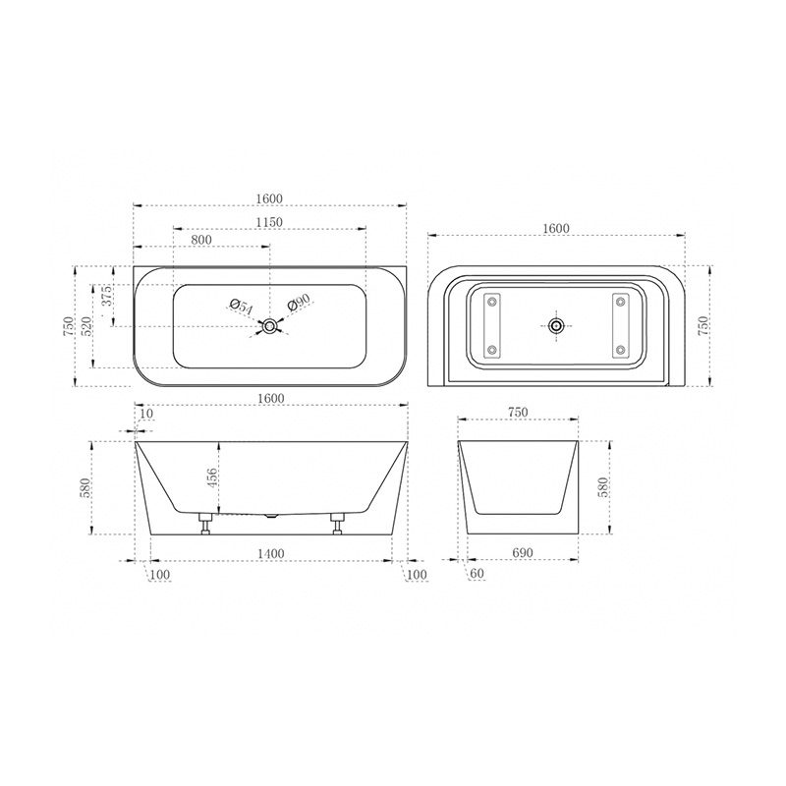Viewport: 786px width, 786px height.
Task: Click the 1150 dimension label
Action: (269, 222)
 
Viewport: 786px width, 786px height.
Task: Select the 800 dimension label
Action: (201, 240)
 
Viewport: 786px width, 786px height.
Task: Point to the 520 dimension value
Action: (86, 326)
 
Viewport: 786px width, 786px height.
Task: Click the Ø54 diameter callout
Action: (241, 307)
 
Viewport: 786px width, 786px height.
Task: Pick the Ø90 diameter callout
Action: (300, 302)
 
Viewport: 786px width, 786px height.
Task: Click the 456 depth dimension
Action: (211, 479)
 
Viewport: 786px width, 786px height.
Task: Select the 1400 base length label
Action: (271, 553)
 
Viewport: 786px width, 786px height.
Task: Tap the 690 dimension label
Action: (522, 553)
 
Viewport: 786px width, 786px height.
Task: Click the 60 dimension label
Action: (477, 573)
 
